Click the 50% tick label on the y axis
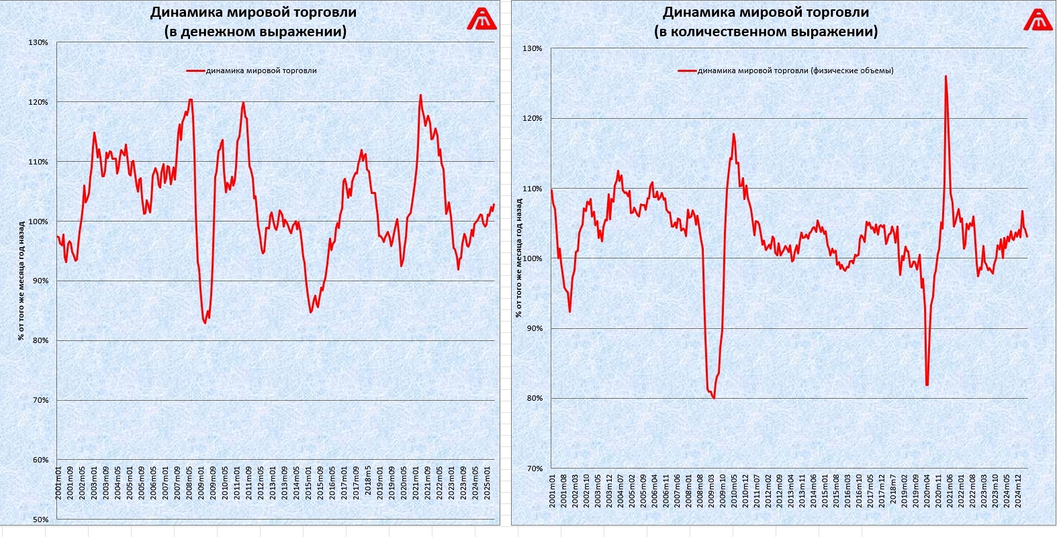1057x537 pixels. (x=40, y=520)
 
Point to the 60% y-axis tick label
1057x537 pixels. (x=40, y=460)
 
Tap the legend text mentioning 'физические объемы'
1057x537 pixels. (x=795, y=70)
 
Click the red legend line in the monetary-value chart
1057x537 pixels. (x=195, y=70)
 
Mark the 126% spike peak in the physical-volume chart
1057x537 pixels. (x=946, y=77)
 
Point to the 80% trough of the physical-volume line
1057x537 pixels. (x=713, y=398)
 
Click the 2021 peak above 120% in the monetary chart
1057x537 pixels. (x=420, y=95)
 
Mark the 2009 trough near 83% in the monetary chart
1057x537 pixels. (x=205, y=323)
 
